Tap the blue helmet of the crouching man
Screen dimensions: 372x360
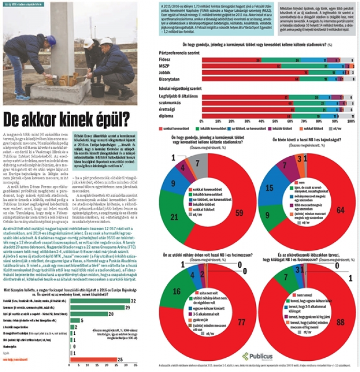pos(51,40)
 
